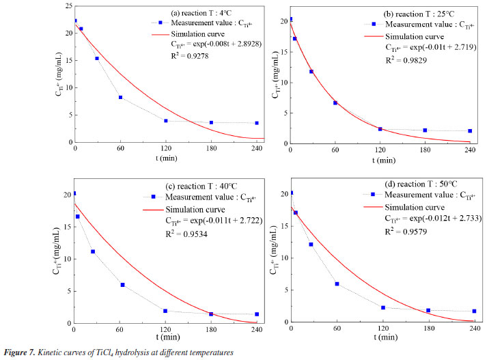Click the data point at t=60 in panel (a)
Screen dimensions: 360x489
pos(120,98)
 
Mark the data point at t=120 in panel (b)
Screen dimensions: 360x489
pos(380,129)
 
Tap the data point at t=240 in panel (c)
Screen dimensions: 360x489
pos(257,314)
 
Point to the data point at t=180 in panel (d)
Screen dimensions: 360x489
pos(428,311)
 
